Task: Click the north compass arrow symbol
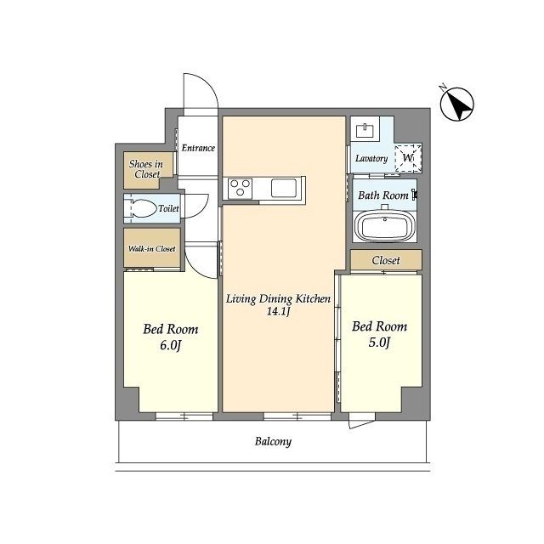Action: click(x=457, y=104)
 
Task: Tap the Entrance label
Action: click(x=198, y=148)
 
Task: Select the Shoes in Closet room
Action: click(x=148, y=170)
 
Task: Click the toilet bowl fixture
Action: click(x=144, y=208)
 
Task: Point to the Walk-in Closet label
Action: click(x=152, y=248)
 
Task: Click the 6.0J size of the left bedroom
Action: click(x=170, y=346)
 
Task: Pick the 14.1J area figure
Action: click(x=278, y=311)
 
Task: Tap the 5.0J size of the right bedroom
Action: click(x=379, y=343)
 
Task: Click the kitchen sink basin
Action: click(x=283, y=188)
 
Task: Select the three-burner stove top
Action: click(x=240, y=188)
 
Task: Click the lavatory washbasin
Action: click(x=365, y=130)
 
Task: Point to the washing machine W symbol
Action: click(x=408, y=158)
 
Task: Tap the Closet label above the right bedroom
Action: click(x=386, y=260)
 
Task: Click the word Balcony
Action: click(x=273, y=442)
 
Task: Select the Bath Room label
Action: click(x=383, y=195)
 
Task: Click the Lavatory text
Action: click(x=371, y=159)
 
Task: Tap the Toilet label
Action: click(x=168, y=208)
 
